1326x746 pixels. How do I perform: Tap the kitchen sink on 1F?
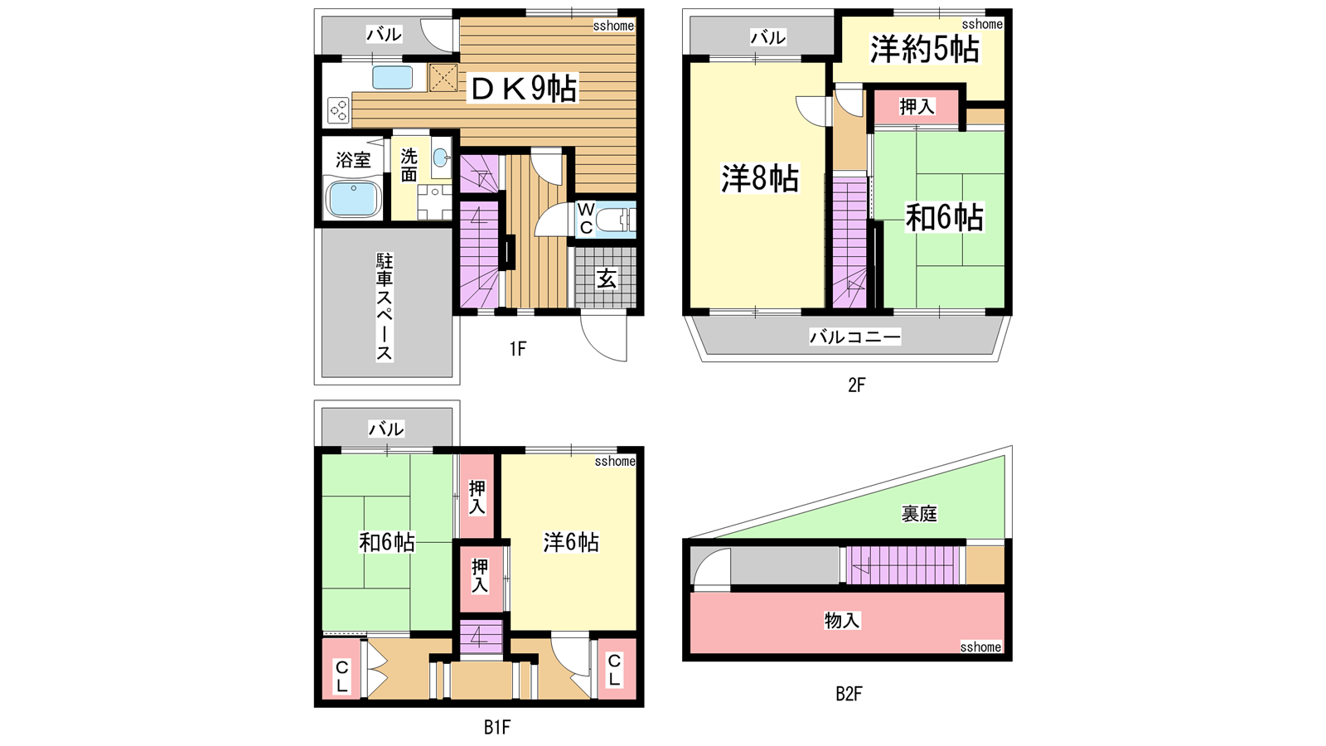pyautogui.click(x=393, y=78)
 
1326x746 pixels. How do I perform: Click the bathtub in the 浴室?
pyautogui.click(x=353, y=198)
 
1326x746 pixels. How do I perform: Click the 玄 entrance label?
pyautogui.click(x=606, y=279)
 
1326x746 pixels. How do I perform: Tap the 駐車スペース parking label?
pyautogui.click(x=385, y=307)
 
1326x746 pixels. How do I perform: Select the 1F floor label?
pyautogui.click(x=518, y=349)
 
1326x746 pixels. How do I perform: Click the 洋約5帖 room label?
pyautogui.click(x=924, y=49)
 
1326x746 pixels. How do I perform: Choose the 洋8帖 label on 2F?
pyautogui.click(x=759, y=177)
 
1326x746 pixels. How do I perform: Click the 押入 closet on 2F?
pyautogui.click(x=917, y=107)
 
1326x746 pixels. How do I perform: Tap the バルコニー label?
pyautogui.click(x=854, y=337)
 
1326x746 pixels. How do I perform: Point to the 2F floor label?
pyautogui.click(x=857, y=385)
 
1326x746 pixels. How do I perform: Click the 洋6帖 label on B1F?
pyautogui.click(x=571, y=542)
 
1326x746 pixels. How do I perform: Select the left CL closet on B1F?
pyautogui.click(x=341, y=668)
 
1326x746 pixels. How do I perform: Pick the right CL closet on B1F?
pyautogui.click(x=617, y=668)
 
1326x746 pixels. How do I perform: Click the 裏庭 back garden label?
pyautogui.click(x=919, y=513)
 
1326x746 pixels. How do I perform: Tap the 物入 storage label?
pyautogui.click(x=842, y=621)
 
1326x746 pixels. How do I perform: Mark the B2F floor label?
pyautogui.click(x=849, y=693)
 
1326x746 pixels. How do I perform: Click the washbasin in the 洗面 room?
pyautogui.click(x=440, y=157)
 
